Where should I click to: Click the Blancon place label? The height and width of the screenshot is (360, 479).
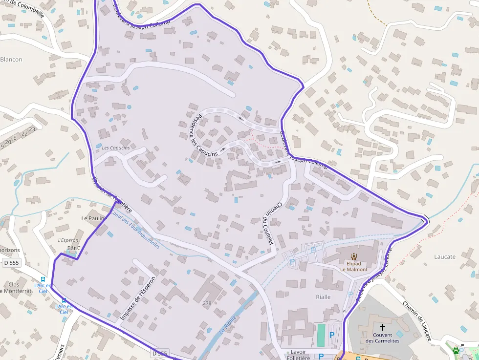coord(11,60)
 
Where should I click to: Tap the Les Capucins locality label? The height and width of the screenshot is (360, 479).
coord(116,148)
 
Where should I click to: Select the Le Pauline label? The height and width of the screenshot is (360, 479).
coord(94,218)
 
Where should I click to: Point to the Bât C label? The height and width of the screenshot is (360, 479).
coord(73,248)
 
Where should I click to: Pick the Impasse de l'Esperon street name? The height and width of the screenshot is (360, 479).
coord(137,298)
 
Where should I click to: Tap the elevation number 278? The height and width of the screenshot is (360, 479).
coord(207,303)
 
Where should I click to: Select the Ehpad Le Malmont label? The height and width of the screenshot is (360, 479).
coord(353,266)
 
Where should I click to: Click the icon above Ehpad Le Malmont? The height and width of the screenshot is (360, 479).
coord(353,256)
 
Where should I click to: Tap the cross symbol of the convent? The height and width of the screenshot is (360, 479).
coord(382,326)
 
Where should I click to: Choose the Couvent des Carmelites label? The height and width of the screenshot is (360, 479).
coord(382,338)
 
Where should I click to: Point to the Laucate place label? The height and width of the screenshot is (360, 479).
coord(444,256)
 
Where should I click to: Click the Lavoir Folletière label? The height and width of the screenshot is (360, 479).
coord(298,355)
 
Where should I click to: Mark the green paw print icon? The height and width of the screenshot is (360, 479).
coord(456,350)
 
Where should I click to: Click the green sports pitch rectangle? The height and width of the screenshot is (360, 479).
coord(321,336)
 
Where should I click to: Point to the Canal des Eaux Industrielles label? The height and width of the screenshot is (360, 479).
coord(135,230)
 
